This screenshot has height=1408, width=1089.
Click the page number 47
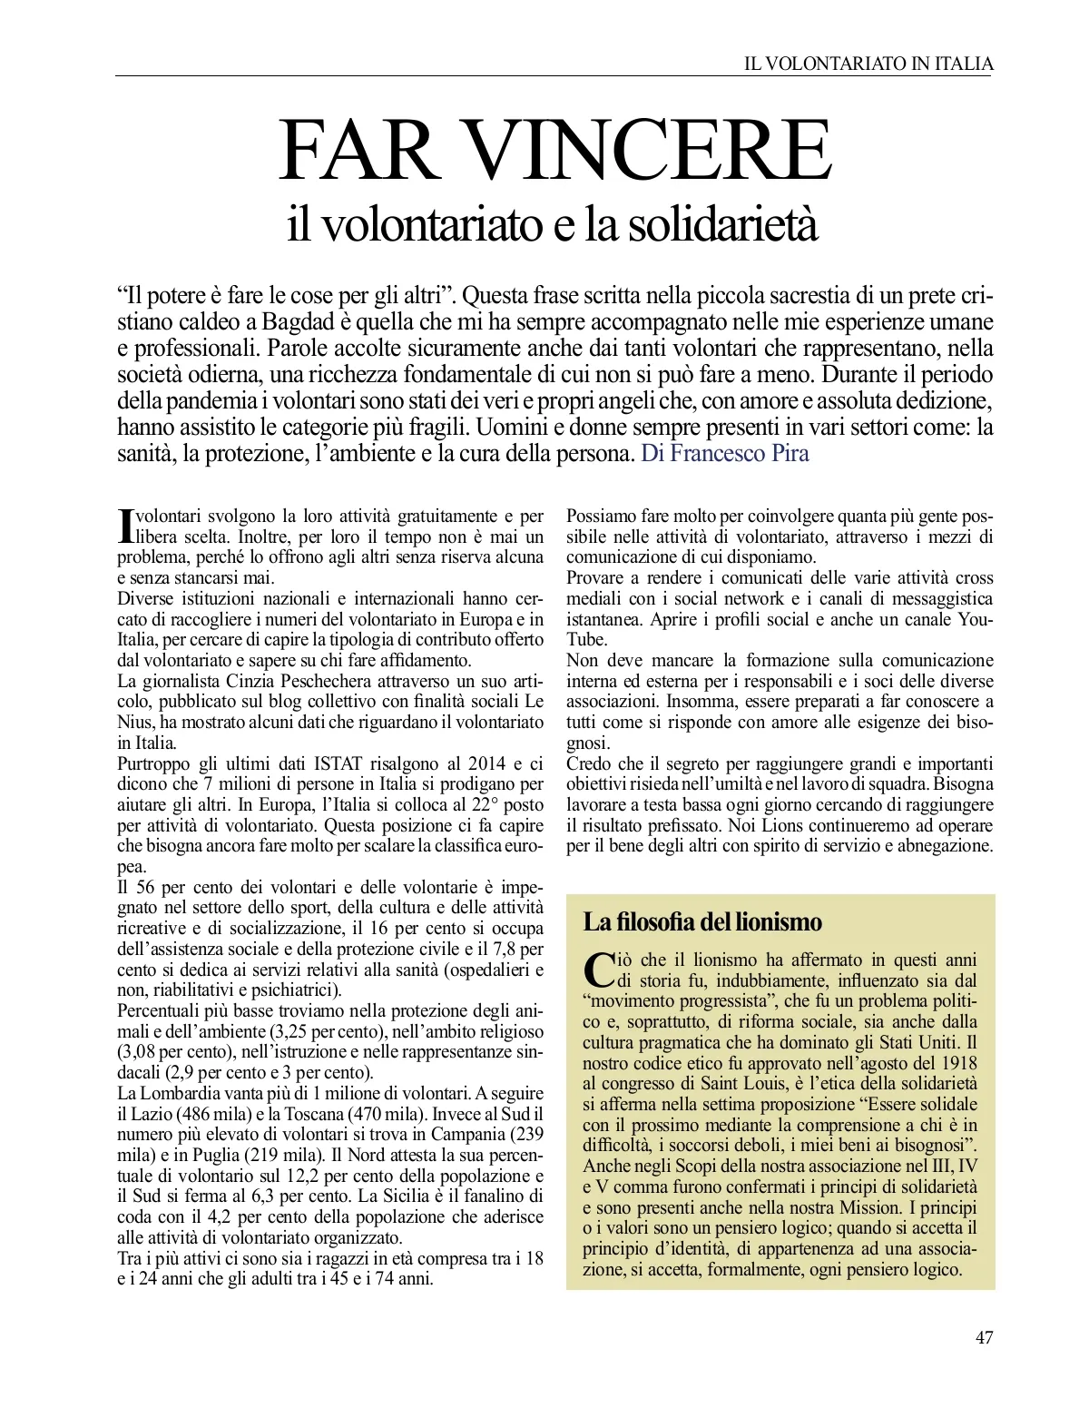[984, 1337]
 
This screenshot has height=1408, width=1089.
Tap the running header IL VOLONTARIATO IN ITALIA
[868, 64]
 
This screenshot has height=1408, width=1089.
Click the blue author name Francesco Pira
[740, 453]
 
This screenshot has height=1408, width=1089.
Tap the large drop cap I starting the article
[126, 526]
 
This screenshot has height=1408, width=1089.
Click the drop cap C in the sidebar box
[599, 970]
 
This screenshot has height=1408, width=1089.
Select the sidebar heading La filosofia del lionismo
[701, 922]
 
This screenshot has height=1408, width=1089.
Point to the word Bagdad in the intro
[299, 322]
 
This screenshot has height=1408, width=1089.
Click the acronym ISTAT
[341, 763]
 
